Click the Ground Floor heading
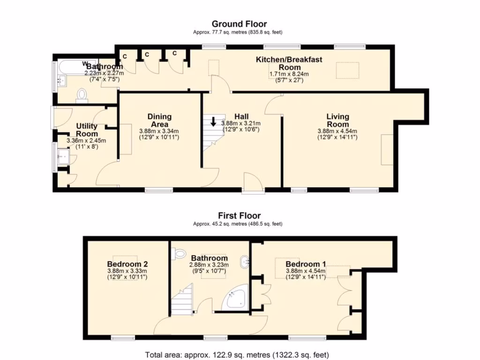(x=240, y=24)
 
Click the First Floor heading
(x=240, y=216)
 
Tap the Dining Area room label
(x=159, y=120)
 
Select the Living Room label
(x=337, y=120)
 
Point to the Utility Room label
(x=87, y=130)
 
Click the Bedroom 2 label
(x=127, y=264)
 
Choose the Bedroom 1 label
(x=306, y=264)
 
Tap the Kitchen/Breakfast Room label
(x=289, y=63)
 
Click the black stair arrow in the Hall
(x=213, y=121)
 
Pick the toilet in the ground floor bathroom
(x=82, y=94)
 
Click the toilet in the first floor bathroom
(x=180, y=254)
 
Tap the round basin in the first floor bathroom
(x=245, y=262)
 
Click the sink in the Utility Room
(x=64, y=157)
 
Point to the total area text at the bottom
(x=237, y=355)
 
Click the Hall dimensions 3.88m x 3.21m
(x=241, y=123)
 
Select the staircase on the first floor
(x=182, y=300)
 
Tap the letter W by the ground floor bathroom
(x=85, y=63)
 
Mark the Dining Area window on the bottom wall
(x=159, y=190)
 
